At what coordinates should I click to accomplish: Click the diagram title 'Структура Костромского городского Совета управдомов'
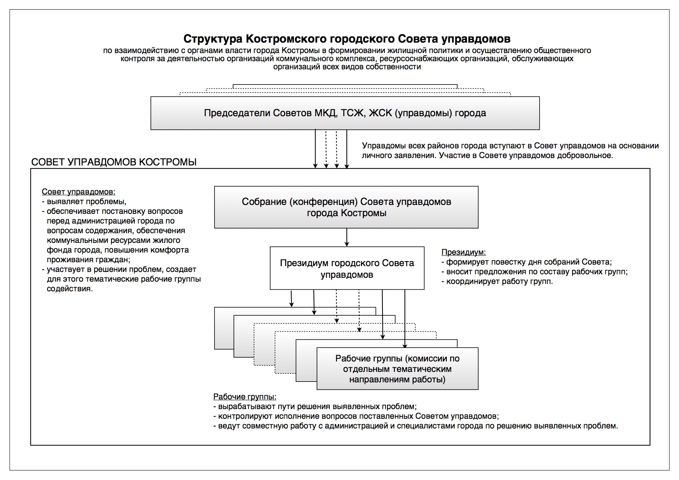pyautogui.click(x=346, y=39)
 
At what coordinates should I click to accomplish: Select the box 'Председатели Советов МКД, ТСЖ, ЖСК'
pyautogui.click(x=345, y=113)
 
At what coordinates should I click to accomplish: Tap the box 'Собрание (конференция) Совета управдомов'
pyautogui.click(x=346, y=207)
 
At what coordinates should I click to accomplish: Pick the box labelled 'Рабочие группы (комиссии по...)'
pyautogui.click(x=397, y=369)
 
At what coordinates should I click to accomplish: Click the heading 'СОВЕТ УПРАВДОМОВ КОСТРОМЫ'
pyautogui.click(x=114, y=162)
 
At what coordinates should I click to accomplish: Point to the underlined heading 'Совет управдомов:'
pyautogui.click(x=78, y=192)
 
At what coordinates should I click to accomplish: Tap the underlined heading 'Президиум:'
pyautogui.click(x=463, y=252)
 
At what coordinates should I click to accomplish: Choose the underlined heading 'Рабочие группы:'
pyautogui.click(x=245, y=397)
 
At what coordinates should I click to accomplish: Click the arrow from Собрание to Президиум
pyautogui.click(x=347, y=237)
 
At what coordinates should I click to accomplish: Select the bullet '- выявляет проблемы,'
pyautogui.click(x=84, y=201)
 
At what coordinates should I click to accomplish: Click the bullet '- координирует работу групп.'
pyautogui.click(x=497, y=281)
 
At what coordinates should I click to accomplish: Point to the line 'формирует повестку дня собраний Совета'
pyautogui.click(x=526, y=262)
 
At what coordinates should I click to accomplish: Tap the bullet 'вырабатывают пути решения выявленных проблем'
pyautogui.click(x=315, y=407)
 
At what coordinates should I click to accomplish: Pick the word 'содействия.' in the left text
pyautogui.click(x=70, y=289)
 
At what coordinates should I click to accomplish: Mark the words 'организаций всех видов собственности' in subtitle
pyautogui.click(x=347, y=67)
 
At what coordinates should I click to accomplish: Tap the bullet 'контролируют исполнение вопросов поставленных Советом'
pyautogui.click(x=356, y=416)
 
